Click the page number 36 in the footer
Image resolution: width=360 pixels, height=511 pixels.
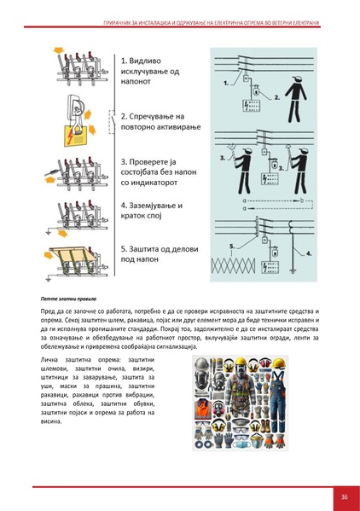[343, 496]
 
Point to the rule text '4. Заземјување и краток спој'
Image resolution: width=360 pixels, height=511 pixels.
[154, 211]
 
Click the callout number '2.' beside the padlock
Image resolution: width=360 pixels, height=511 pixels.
[265, 96]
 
